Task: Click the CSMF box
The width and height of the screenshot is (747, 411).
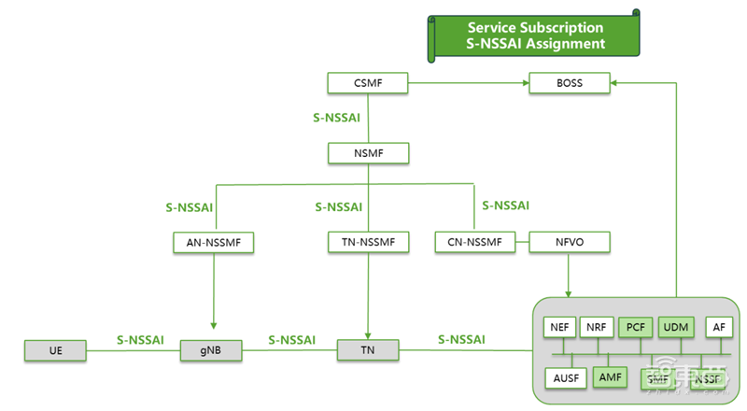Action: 368,83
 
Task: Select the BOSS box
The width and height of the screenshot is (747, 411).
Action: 569,83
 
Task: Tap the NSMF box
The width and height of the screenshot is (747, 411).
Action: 368,152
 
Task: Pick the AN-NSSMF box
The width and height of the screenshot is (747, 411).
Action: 214,243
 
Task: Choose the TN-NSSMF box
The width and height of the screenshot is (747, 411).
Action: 368,243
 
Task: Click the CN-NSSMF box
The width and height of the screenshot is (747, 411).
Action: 475,243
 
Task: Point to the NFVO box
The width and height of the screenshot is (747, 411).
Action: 569,243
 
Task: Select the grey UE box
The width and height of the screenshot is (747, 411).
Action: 55,351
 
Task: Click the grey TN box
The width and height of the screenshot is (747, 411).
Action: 368,350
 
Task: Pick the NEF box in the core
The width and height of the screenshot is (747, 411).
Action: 559,328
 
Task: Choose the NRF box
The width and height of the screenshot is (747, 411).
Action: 597,328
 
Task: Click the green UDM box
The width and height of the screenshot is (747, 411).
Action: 675,328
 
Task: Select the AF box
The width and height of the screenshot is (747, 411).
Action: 717,328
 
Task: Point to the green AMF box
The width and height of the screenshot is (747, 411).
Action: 610,377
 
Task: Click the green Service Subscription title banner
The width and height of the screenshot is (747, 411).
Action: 535,35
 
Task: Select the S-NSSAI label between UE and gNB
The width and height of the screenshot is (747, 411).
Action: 140,340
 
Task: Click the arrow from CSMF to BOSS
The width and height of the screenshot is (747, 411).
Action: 467,83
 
